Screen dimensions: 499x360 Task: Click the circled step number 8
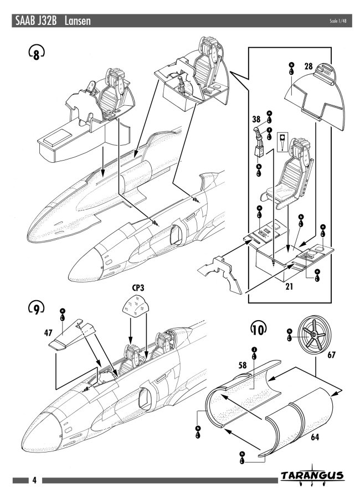pyautogui.click(x=36, y=54)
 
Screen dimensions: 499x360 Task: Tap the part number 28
pyautogui.click(x=308, y=66)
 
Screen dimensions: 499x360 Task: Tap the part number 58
pyautogui.click(x=243, y=366)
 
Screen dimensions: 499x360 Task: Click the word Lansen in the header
pyautogui.click(x=78, y=21)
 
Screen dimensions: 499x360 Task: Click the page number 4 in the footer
pyautogui.click(x=34, y=480)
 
